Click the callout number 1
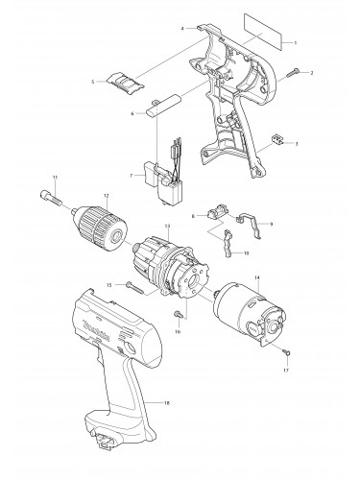coord(296,43)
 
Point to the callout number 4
coord(182,29)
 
